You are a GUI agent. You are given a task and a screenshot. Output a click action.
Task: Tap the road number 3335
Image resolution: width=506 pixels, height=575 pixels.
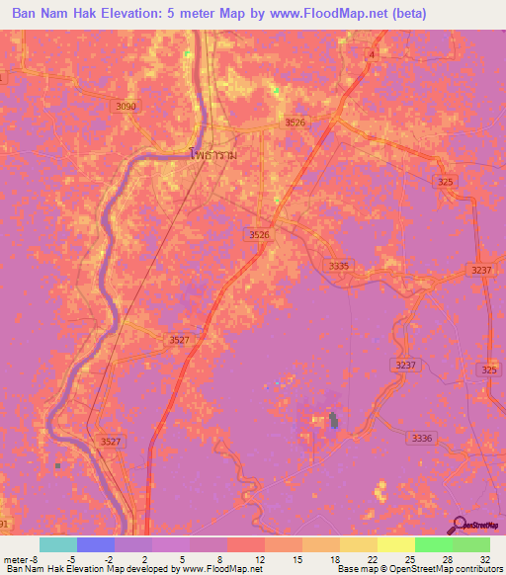(339, 266)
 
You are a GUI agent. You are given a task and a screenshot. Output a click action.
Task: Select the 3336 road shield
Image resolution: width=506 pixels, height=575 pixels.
(421, 437)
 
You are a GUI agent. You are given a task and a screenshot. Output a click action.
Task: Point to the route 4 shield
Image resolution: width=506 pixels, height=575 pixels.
(373, 55)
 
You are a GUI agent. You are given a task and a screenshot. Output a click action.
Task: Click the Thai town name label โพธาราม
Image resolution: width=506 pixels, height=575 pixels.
(215, 154)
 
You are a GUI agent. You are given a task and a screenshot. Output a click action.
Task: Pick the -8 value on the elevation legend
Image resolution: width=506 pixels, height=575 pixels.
(36, 559)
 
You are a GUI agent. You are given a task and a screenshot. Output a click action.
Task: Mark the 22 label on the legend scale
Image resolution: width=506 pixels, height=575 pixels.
(371, 559)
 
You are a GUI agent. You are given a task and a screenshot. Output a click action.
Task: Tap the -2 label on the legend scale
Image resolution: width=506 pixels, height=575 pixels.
(109, 559)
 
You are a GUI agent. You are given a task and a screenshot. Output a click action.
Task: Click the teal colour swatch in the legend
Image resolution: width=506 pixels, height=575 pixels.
(57, 544)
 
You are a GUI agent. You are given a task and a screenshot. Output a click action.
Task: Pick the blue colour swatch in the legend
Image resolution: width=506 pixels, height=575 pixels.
(96, 544)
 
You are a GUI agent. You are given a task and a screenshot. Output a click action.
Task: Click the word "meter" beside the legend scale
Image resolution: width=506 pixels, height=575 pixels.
(14, 559)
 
